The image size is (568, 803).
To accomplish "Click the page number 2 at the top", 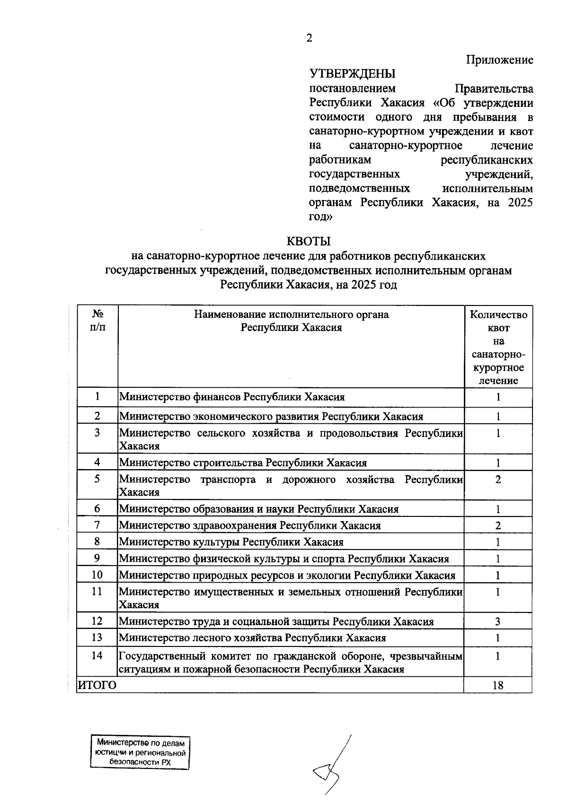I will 309,38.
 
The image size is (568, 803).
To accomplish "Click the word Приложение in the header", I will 499,60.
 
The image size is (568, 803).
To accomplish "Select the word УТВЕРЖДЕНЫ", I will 353,74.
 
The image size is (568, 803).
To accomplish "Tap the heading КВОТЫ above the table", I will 309,242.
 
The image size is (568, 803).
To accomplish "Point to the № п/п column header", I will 98,321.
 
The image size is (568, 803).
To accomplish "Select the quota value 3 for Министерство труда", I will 498,621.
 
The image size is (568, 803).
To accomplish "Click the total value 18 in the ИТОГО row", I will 498,685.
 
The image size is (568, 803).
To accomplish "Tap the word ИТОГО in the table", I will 97,685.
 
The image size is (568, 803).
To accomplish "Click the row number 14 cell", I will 97,656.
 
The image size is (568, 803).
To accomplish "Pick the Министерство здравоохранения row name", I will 250,525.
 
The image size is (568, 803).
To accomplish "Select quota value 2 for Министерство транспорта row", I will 498,480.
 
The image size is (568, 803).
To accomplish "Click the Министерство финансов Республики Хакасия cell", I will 232,397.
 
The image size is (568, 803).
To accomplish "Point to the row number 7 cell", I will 97,525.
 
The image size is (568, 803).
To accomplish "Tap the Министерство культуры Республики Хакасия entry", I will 231,542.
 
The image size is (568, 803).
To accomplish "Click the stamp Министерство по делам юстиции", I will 140,752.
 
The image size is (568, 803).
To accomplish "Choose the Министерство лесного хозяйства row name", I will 252,638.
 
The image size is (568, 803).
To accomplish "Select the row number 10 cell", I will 97,575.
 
